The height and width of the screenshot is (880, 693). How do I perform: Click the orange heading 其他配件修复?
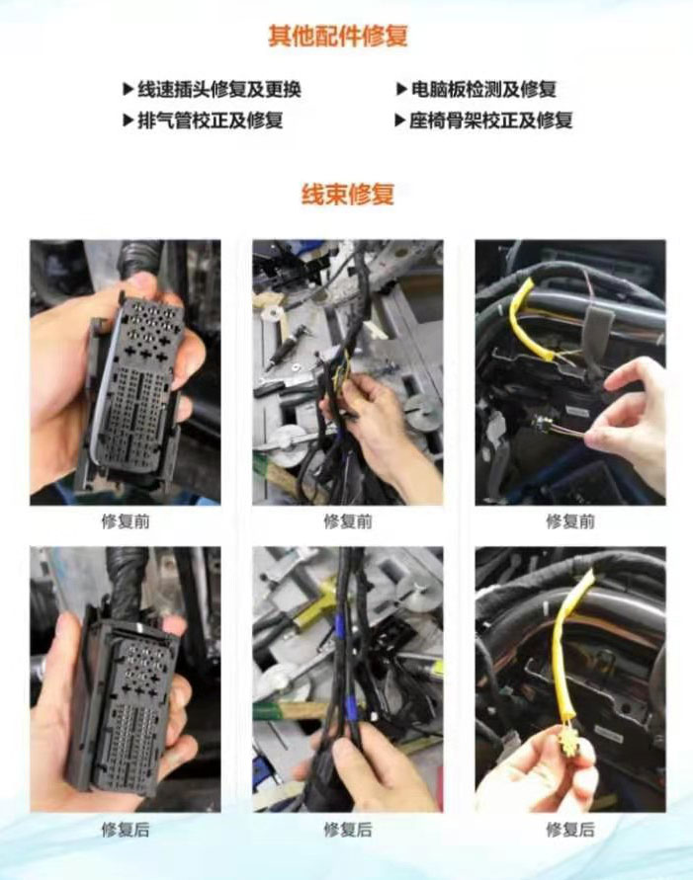(337, 36)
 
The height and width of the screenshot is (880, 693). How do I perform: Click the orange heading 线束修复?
(348, 195)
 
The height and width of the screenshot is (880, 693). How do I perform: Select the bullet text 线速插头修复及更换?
(219, 89)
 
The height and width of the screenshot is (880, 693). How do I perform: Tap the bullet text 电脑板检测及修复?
(483, 89)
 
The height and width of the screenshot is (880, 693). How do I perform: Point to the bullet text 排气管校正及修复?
(210, 120)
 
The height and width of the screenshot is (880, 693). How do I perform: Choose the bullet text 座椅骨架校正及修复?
(490, 120)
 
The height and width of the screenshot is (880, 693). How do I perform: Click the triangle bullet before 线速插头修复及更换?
(129, 89)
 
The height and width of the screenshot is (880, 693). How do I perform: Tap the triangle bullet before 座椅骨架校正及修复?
(399, 120)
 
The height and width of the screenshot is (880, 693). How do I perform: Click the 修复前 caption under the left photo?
(126, 521)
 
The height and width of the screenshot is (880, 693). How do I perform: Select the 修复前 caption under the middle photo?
(348, 521)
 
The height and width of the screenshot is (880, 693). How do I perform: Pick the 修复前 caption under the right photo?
(570, 521)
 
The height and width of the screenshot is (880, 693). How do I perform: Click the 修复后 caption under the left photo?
(126, 830)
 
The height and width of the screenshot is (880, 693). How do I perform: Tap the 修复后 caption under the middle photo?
(348, 830)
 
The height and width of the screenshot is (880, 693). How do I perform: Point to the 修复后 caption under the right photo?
(570, 830)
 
